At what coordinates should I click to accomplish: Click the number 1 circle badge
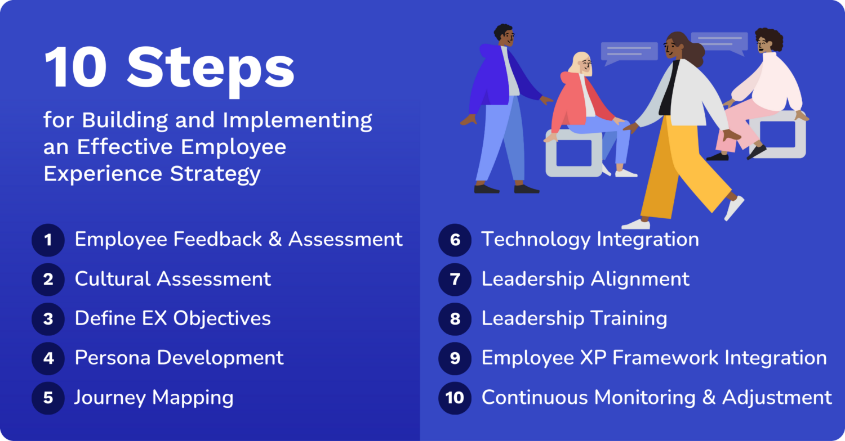pos(48,240)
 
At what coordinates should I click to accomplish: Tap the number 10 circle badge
pos(455,398)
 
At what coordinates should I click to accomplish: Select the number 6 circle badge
pos(455,240)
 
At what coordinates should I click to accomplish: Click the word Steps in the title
pos(211,69)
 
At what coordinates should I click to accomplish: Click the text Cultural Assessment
pos(172,279)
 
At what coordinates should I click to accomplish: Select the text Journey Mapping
pos(154,398)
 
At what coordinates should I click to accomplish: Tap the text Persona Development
pos(179,358)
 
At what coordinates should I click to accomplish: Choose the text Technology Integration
pos(590,240)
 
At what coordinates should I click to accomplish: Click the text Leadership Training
pos(574,318)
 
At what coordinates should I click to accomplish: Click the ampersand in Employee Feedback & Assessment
pos(275,240)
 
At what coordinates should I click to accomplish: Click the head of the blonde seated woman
pos(580,63)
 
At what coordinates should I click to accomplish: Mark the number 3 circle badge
pos(48,319)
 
